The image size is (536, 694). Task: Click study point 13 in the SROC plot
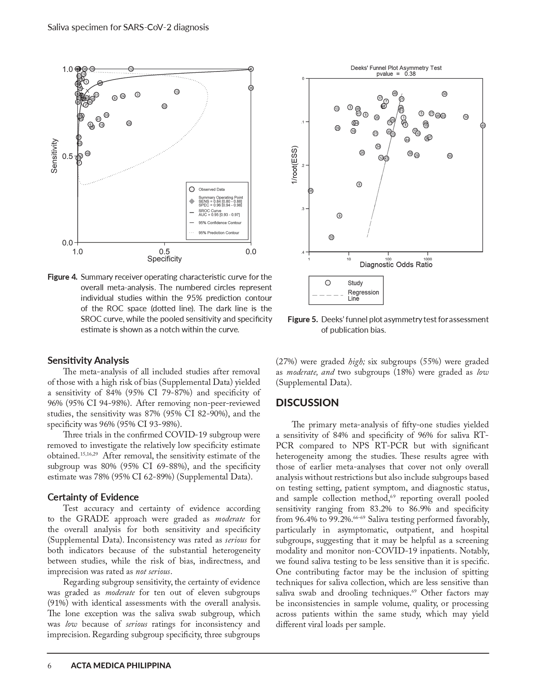177,92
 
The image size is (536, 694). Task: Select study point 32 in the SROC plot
164,106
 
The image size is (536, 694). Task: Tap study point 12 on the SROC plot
131,69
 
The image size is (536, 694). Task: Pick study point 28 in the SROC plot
129,123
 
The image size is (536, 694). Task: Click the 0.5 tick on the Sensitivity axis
67,156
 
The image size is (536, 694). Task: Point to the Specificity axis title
164,259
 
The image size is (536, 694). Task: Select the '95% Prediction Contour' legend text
219,233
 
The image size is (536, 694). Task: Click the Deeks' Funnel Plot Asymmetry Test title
396,68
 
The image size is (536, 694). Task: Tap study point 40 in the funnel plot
483,125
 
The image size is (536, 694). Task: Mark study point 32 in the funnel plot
331,238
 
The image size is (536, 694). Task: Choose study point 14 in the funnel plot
466,117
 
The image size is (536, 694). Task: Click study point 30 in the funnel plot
444,94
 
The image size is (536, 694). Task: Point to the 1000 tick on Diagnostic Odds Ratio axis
428,259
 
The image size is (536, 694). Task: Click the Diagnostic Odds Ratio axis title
396,265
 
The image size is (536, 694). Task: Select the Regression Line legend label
363,295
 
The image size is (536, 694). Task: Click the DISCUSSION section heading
307,403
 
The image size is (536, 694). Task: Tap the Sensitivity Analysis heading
88,360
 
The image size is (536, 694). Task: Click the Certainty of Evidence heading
93,497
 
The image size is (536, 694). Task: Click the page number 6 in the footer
50,666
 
